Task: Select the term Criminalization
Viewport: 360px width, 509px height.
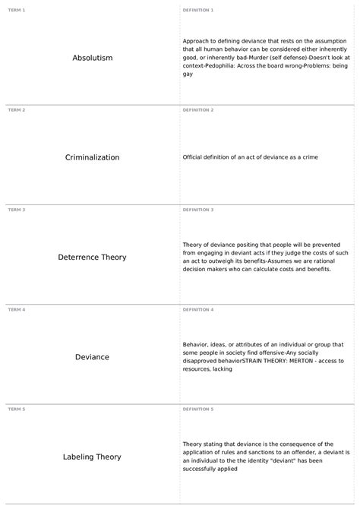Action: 92,157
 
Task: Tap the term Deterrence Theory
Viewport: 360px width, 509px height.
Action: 92,258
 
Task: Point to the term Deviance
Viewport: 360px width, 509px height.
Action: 92,357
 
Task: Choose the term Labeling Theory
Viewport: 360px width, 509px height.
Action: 92,457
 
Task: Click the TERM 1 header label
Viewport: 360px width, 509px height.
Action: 16,10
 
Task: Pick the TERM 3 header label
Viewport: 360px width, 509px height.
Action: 16,209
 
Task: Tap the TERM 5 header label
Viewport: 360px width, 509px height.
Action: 16,409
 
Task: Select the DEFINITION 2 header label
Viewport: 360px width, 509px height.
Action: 198,109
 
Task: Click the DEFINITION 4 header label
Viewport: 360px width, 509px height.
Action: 198,309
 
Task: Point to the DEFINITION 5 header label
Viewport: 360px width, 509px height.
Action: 198,409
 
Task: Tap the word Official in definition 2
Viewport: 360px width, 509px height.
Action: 194,157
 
